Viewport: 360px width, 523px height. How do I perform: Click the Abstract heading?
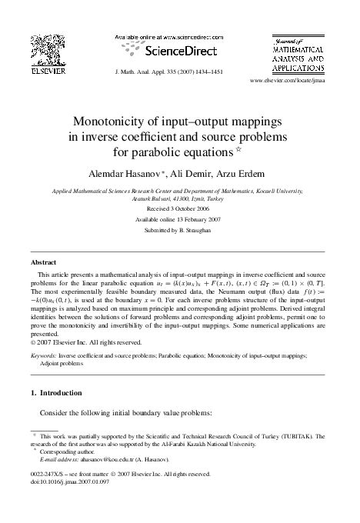(44, 262)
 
